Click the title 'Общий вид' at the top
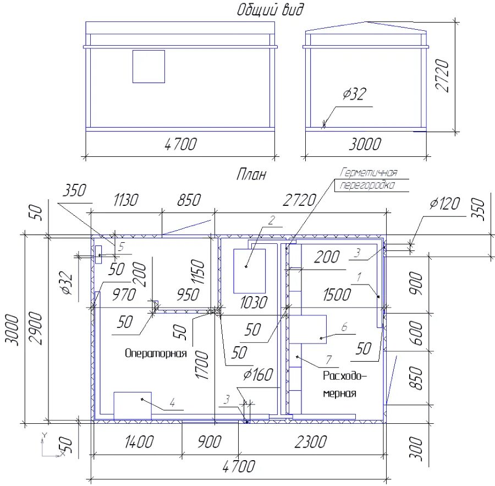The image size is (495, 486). coord(270,9)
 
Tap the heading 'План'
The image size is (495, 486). coord(251,174)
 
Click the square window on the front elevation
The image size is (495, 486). coord(148,67)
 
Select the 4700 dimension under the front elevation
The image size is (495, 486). coord(180,144)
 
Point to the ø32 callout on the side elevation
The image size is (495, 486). coord(355,94)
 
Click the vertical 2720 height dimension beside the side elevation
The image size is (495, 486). coord(442,76)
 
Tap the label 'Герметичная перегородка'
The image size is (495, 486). coord(368,179)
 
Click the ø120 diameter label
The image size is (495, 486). coord(444,204)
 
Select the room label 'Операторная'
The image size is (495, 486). coord(156,353)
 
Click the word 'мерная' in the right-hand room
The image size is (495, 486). coord(340,394)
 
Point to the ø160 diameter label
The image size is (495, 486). coord(258,375)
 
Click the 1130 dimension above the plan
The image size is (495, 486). coord(125,200)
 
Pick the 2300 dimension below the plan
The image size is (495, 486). coord(311,442)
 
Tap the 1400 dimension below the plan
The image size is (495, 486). coord(139,442)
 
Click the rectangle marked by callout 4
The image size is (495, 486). coord(133,406)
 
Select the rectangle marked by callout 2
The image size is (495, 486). coord(249,271)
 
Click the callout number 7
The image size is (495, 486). coord(329,360)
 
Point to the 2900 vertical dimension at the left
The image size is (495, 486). coord(35,329)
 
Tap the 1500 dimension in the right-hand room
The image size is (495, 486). coord(337,295)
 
